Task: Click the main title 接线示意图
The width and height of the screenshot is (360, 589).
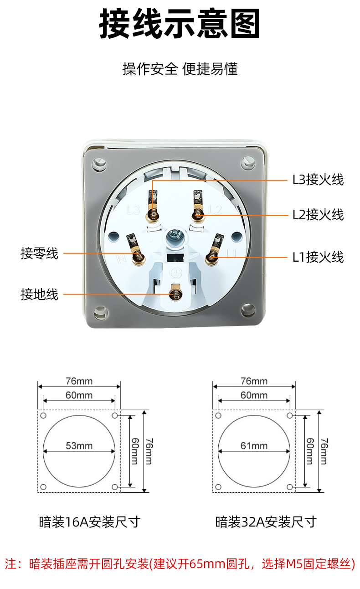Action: pos(180,23)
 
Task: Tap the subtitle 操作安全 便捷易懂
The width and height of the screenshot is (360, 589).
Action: pos(180,69)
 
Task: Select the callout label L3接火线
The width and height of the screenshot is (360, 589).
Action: pos(318,180)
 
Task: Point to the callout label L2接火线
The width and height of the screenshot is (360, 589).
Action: pos(318,215)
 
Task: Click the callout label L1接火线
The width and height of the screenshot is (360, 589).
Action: pos(318,257)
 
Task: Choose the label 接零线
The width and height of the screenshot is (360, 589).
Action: pos(39,253)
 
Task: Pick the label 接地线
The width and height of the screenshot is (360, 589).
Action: pos(39,294)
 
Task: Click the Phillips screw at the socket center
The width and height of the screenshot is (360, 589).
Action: pos(175,234)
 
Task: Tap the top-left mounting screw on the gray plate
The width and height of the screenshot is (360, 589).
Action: pos(99,164)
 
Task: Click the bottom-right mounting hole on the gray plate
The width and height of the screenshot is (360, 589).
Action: pos(248,309)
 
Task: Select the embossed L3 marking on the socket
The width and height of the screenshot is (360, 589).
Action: pos(133,210)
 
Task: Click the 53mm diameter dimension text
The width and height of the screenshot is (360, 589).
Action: pos(79,446)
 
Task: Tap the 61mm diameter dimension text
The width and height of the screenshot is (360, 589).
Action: pos(254,446)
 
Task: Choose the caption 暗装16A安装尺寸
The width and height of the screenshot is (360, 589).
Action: pos(90,522)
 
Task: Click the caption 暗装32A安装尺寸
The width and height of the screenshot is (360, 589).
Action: pos(266,522)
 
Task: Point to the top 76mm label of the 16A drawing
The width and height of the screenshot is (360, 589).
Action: pos(79,381)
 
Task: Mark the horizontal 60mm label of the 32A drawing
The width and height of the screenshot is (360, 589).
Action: pos(254,395)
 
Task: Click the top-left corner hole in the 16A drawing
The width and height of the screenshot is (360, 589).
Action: pos(43,415)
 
